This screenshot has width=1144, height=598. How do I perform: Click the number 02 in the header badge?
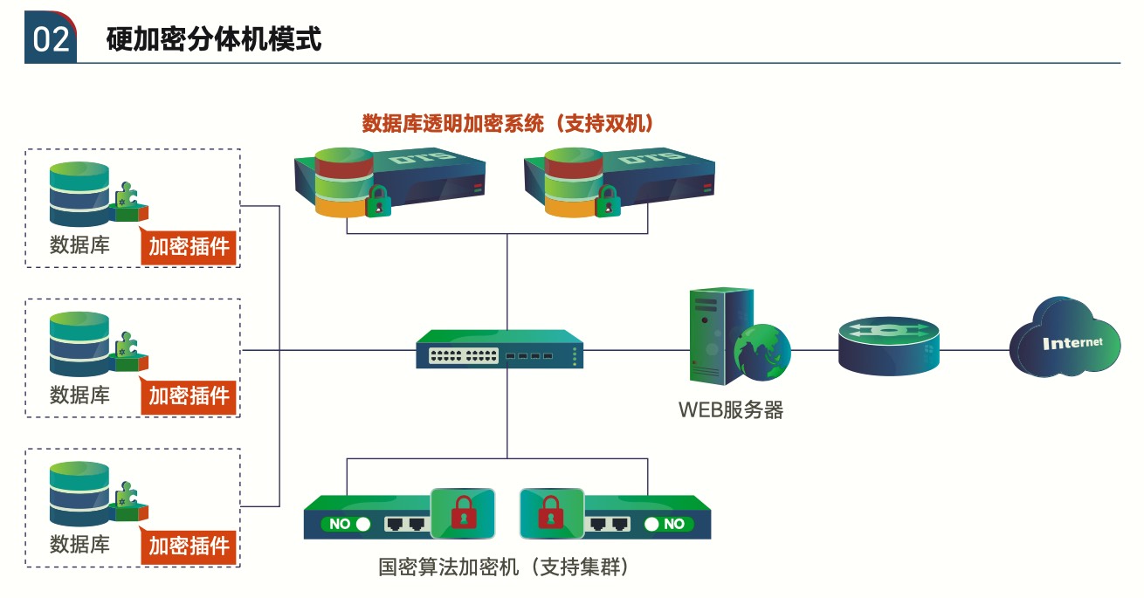click(x=51, y=40)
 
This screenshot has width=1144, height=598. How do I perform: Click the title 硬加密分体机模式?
click(x=214, y=39)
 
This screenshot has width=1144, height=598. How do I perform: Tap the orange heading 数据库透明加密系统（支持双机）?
click(x=508, y=124)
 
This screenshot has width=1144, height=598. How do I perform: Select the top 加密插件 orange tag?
click(x=190, y=247)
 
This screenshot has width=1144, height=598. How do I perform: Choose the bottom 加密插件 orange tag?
click(x=190, y=546)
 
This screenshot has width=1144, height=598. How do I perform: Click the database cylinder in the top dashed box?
click(x=79, y=194)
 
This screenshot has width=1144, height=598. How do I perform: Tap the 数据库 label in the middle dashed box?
click(x=79, y=395)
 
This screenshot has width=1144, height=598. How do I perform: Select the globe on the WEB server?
click(x=762, y=352)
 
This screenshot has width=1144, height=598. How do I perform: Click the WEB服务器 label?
click(x=731, y=409)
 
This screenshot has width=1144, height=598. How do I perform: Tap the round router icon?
click(x=889, y=345)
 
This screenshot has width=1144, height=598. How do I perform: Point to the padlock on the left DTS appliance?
click(x=378, y=202)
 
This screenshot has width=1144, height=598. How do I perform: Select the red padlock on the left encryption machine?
click(x=463, y=513)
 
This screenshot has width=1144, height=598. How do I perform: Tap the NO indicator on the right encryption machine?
click(x=667, y=524)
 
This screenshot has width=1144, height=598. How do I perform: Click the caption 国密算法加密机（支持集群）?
click(x=504, y=567)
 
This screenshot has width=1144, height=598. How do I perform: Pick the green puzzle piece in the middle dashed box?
click(x=128, y=344)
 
